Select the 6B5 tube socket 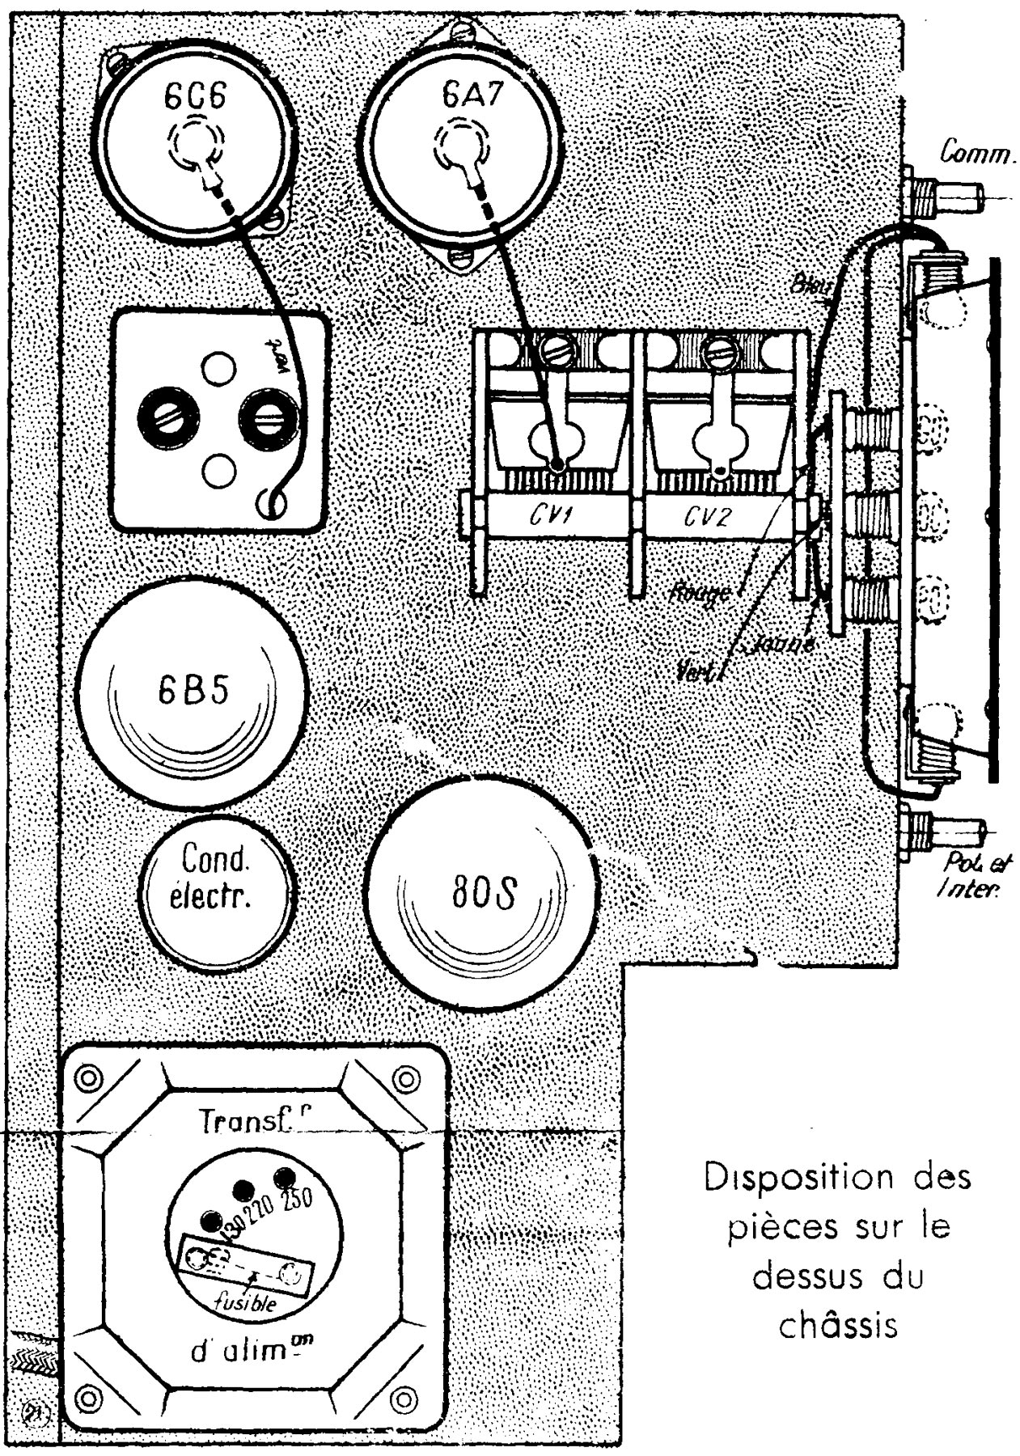(x=193, y=691)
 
